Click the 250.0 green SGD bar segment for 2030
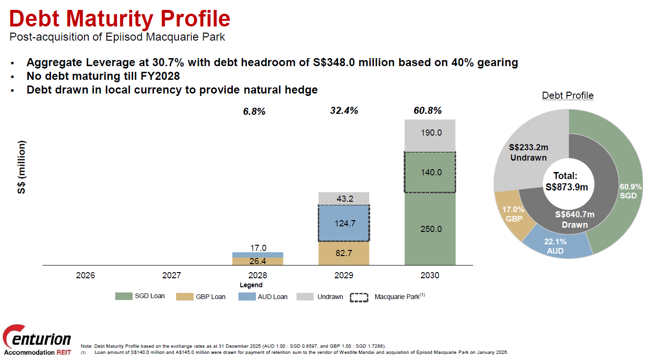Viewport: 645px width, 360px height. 430,229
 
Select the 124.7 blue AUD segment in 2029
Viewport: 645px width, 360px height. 344,223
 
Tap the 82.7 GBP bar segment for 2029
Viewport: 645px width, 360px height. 344,253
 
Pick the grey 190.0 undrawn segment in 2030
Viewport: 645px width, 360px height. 430,133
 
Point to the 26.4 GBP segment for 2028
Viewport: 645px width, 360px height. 258,261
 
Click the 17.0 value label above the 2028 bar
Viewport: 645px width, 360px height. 258,248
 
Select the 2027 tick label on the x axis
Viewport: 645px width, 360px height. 171,275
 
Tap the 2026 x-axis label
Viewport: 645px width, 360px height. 85,275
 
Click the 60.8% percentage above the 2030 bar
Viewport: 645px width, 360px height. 427,111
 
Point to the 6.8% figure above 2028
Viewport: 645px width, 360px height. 255,111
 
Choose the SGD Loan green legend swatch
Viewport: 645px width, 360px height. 124,296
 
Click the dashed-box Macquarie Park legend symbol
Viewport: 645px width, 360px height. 359,298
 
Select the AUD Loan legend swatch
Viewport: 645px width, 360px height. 246,297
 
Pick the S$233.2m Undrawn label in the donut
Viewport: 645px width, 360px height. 528,153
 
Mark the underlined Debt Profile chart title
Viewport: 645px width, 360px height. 568,95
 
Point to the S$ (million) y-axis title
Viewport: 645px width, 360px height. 22,167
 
